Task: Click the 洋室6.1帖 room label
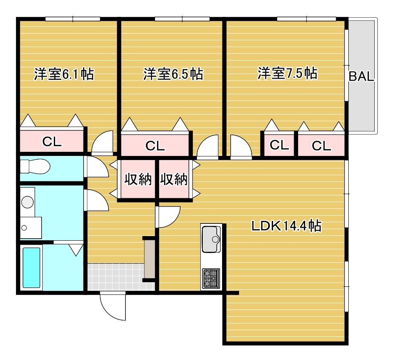tap(64, 74)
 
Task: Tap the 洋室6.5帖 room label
tap(173, 74)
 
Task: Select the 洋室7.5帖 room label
tap(287, 73)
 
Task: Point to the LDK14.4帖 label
tap(287, 226)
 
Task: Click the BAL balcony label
tap(362, 76)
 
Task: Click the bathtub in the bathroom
tap(31, 267)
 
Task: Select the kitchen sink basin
tap(211, 239)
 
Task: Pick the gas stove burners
tap(211, 278)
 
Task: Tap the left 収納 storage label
tap(138, 179)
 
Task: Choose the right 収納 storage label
tap(174, 179)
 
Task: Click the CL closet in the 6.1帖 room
tap(52, 141)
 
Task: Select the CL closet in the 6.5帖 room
tap(155, 145)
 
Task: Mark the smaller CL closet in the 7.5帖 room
tap(279, 145)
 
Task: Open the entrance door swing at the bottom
tap(113, 306)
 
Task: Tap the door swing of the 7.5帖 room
tap(241, 147)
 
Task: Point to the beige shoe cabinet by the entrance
tap(150, 259)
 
